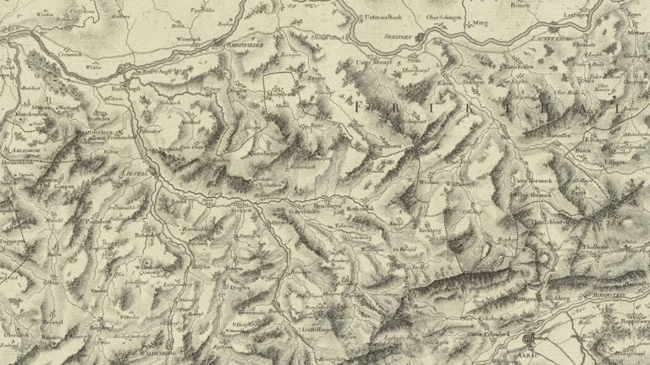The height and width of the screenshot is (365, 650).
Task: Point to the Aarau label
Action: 532,351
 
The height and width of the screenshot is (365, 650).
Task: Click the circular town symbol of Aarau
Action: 530,340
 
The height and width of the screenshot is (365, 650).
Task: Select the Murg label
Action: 482,24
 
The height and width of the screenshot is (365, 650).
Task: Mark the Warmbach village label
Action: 188,39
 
